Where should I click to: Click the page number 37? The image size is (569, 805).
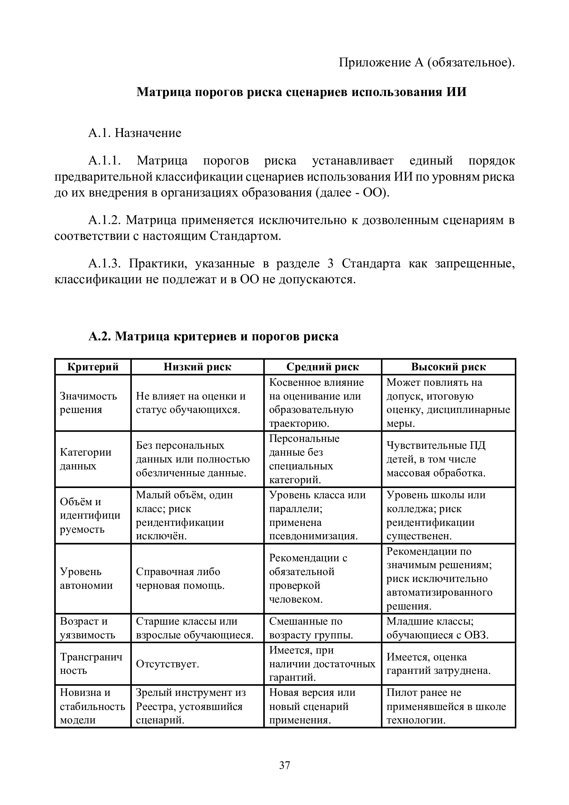284,765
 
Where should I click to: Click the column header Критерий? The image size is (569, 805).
93,367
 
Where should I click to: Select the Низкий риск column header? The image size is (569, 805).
197,367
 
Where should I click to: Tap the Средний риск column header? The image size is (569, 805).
323,367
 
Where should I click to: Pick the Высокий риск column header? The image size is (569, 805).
449,367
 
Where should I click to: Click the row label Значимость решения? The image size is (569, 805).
88,403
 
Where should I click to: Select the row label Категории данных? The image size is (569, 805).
86,459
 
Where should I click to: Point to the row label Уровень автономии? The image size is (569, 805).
86,579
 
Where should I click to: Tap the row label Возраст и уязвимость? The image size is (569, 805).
87,628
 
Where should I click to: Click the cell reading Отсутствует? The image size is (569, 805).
167,664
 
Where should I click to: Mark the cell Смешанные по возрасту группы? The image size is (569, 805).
311,628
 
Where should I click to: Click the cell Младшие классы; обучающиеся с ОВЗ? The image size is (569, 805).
438,628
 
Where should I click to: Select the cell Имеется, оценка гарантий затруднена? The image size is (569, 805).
439,664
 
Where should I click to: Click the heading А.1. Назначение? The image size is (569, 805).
135,133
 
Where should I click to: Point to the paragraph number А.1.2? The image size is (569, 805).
105,220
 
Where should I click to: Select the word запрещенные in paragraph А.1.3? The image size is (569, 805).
475,263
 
